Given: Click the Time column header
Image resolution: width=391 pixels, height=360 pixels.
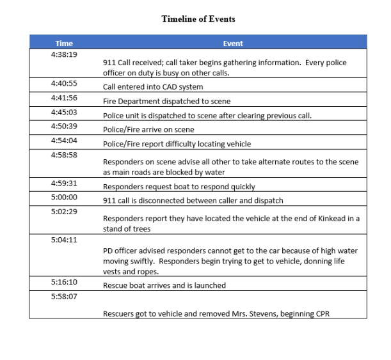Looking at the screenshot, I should point(64,43).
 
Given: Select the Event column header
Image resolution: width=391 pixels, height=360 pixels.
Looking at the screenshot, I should point(233,43).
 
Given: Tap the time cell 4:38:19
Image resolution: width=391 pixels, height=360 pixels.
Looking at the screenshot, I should point(64,54).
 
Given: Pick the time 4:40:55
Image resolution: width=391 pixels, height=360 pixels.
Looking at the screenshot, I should point(64,84).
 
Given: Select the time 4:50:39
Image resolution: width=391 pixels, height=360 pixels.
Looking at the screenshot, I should point(64,126).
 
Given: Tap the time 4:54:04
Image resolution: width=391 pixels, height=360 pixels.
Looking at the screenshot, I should point(64,140).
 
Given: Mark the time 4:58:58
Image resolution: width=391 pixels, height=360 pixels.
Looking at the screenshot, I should point(64,155).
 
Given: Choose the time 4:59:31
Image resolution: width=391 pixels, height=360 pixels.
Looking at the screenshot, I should point(64,184).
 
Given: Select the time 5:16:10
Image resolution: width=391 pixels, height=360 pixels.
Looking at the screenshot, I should point(64,281).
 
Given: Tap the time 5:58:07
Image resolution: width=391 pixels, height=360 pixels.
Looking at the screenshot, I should point(64,296).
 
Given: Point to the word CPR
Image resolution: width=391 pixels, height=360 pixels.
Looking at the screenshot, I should point(324,314).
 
